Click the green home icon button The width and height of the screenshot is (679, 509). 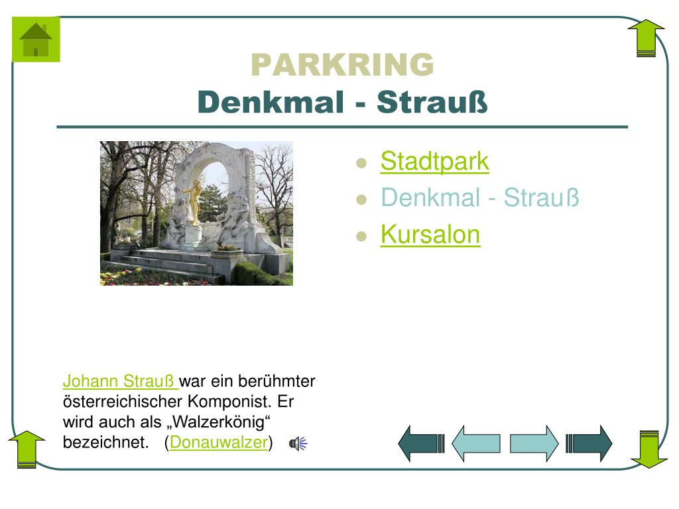36,39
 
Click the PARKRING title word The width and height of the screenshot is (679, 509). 342,64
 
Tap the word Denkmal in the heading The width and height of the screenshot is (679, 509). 271,102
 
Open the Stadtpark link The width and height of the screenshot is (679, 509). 434,161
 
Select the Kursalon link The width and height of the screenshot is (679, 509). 430,234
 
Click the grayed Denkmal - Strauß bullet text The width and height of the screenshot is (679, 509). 480,198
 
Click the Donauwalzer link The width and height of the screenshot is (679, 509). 219,442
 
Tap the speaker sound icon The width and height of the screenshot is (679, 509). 298,443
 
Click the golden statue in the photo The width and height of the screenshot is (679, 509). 196,201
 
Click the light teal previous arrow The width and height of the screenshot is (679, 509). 476,443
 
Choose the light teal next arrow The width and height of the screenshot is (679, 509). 534,443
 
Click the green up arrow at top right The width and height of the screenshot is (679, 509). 646,38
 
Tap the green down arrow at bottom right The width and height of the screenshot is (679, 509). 648,449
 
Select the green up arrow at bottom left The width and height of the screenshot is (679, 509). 27,449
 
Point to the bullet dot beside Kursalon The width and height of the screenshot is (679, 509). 361,237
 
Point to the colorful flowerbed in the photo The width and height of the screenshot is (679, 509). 156,277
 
